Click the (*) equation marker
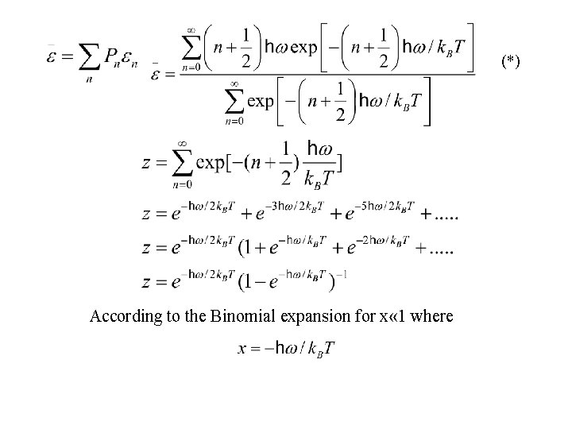[x=509, y=62]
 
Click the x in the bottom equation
[x=243, y=349]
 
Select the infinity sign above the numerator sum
[x=191, y=30]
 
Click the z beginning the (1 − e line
[x=148, y=283]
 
